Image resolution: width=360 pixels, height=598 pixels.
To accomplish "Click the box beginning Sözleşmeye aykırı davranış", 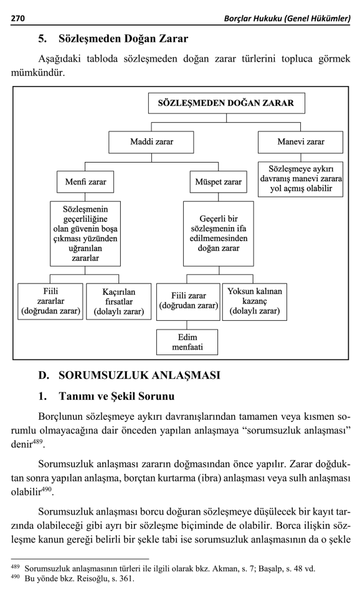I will [300, 179].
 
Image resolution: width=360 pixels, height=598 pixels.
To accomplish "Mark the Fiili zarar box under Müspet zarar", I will [187, 301].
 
